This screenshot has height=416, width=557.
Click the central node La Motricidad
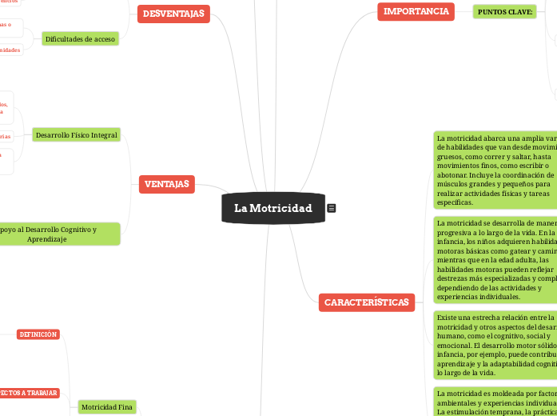pos(273,208)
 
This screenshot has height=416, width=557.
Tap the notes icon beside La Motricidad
pos(332,208)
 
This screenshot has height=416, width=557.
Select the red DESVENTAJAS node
pos(173,14)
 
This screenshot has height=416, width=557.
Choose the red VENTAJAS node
pos(167,185)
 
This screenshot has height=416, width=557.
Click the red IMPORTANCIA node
pos(416,11)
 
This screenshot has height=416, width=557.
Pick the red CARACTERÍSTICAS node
pos(367,302)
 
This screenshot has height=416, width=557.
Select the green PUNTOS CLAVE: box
pos(504,12)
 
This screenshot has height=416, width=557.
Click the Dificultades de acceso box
pos(81,38)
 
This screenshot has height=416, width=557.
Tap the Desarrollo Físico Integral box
pos(77,135)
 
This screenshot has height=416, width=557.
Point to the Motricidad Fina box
pos(106,385)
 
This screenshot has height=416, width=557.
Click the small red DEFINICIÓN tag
pos(38,334)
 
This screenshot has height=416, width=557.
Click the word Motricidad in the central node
pos(280,208)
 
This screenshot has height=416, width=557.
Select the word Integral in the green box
pos(103,135)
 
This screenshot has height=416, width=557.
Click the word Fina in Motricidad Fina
pos(125,385)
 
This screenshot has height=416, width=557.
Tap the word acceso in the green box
pos(104,38)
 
